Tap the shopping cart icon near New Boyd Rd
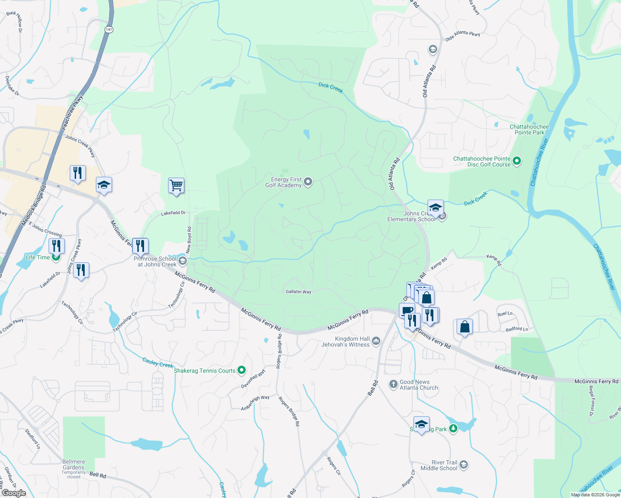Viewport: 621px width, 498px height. coord(176,186)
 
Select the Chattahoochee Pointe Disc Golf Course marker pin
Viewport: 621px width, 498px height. coord(517,161)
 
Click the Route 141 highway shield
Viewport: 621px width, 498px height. coord(109,29)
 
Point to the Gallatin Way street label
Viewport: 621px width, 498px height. coord(298,292)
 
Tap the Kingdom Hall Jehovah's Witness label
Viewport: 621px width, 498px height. coord(345,342)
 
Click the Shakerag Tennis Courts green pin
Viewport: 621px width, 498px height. coord(242,370)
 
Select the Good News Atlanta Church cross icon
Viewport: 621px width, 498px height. coord(393,384)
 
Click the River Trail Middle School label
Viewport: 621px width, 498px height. coord(439,465)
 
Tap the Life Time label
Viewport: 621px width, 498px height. coord(38,257)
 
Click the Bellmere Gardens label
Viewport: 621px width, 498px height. coord(73,464)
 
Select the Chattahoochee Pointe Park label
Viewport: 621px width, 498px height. coord(529,129)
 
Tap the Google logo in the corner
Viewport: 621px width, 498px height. coord(14,493)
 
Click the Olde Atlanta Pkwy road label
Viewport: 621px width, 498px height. coord(462,36)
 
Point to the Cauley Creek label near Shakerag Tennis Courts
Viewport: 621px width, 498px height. coord(158,363)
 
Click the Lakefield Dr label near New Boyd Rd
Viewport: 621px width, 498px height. coord(173,213)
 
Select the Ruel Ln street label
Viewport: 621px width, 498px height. coord(505,314)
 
